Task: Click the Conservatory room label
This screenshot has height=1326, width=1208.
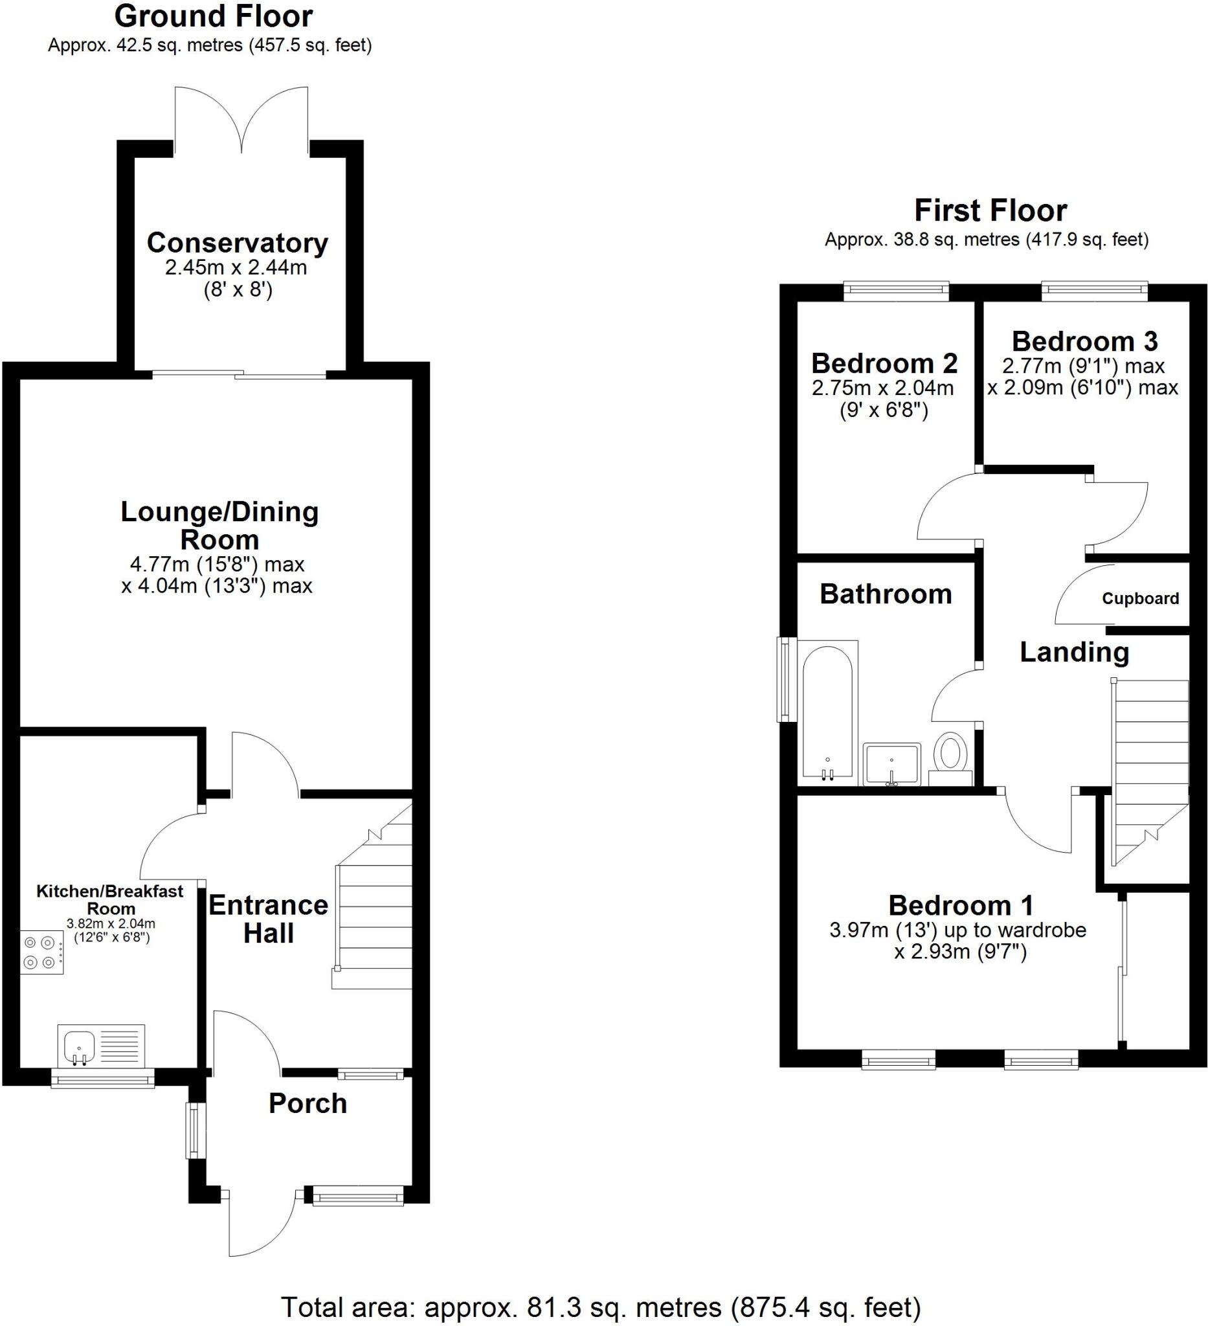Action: tap(237, 243)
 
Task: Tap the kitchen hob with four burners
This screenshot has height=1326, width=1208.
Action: tap(41, 952)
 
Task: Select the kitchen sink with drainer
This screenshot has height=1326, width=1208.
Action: tap(100, 1045)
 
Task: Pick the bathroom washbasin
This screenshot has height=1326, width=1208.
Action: tap(891, 763)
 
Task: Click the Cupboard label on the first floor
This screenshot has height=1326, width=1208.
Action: tap(1139, 598)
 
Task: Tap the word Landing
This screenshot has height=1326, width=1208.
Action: tap(1074, 653)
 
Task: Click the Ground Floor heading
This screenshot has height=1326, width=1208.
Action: tap(213, 16)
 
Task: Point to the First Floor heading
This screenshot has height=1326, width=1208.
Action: tap(990, 211)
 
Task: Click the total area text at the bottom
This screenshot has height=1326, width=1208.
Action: tap(600, 1307)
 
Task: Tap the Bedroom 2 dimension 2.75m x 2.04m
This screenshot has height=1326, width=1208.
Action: tap(882, 388)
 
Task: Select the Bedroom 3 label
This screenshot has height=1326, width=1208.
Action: tap(1084, 341)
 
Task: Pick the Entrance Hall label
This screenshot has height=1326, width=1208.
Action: tap(268, 919)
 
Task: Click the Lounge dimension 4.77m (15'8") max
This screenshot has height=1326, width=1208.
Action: tap(217, 564)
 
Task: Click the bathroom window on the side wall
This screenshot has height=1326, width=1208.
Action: tap(786, 678)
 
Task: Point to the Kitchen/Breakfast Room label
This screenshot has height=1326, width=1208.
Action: tap(110, 899)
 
